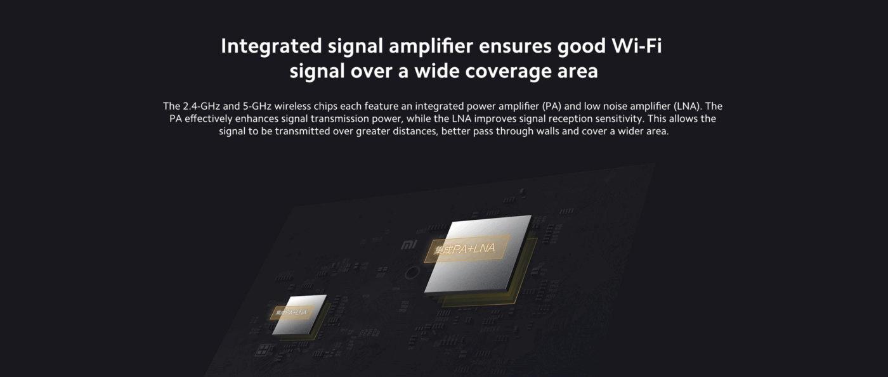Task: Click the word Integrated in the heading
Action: pyautogui.click(x=271, y=47)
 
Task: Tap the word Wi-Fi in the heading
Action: pyautogui.click(x=637, y=46)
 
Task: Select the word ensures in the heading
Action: pyautogui.click(x=515, y=46)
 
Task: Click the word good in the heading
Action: pyautogui.click(x=581, y=47)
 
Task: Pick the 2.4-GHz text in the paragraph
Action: pyautogui.click(x=201, y=106)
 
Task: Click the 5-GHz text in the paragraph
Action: pyautogui.click(x=257, y=106)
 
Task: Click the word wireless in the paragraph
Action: pyautogui.click(x=292, y=106)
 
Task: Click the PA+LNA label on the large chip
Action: pyautogui.click(x=464, y=249)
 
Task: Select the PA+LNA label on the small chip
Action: pyautogui.click(x=292, y=312)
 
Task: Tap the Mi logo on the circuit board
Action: pyautogui.click(x=408, y=245)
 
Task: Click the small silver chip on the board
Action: pyautogui.click(x=299, y=314)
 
